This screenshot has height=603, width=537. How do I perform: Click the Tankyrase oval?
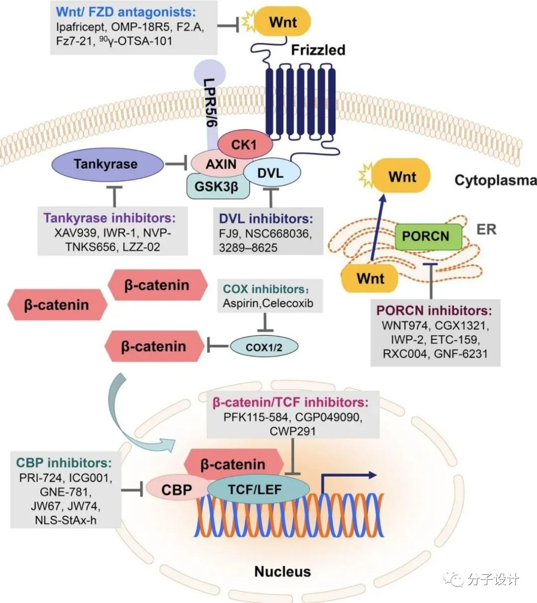coord(106,164)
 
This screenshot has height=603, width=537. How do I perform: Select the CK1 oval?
coord(244,145)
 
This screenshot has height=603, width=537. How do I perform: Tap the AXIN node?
coord(221,164)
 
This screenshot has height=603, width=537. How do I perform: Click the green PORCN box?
coord(426,236)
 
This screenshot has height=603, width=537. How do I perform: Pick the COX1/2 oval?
coord(264,347)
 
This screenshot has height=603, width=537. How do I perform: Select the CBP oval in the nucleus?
coord(177,490)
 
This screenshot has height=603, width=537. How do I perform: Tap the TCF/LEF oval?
coord(255,490)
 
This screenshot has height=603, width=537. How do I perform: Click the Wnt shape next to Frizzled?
coord(282,22)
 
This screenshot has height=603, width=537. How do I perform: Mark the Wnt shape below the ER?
coord(370,278)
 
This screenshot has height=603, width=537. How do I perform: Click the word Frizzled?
coord(318,50)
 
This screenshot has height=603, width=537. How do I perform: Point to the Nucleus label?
coord(282,571)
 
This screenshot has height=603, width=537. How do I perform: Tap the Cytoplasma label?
coord(495,180)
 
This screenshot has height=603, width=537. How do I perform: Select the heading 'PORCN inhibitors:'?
coord(434,310)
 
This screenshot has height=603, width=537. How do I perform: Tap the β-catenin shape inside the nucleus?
coord(233,465)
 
